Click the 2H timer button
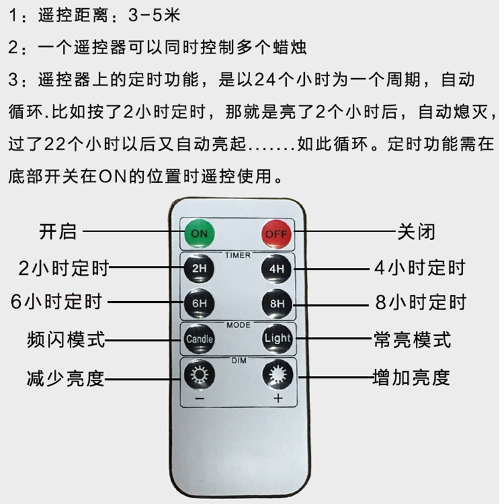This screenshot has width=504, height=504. tap(199, 268)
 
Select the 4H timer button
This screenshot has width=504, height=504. tap(277, 268)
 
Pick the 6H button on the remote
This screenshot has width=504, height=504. tap(199, 303)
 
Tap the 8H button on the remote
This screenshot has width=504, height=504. tap(277, 303)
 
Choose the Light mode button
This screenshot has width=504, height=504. tap(277, 338)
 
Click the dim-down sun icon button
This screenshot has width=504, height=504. tap(199, 375)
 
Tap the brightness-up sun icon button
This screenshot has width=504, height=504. tap(277, 375)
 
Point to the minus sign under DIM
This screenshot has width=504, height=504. tap(199, 399)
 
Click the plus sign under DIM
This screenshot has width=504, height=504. tap(277, 399)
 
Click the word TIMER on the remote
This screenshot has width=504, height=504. tap(238, 255)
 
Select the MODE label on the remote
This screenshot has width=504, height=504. tap(238, 325)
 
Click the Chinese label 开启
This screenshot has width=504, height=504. tap(57, 231)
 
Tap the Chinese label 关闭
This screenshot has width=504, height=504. tap(415, 231)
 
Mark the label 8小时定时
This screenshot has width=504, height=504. tap(420, 302)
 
